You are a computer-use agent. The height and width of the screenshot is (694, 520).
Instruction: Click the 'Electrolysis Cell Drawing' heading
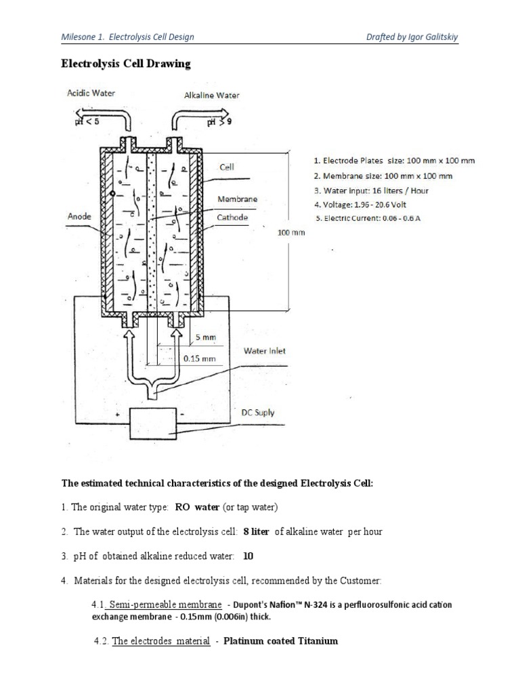click(x=126, y=64)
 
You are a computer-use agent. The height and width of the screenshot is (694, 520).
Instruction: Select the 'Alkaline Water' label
click(x=211, y=96)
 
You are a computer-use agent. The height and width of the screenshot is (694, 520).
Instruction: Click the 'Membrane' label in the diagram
click(x=236, y=200)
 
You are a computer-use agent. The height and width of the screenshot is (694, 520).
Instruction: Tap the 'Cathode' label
click(x=232, y=218)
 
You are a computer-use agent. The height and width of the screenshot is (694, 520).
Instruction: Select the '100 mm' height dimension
click(x=292, y=232)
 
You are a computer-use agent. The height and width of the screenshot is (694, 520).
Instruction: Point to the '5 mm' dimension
click(x=205, y=337)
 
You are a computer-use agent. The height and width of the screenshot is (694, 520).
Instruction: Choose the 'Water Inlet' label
click(x=265, y=351)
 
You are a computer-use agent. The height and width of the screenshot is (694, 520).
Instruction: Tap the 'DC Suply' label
click(x=258, y=411)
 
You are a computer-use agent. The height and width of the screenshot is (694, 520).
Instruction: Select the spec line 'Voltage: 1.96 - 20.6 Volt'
click(x=371, y=204)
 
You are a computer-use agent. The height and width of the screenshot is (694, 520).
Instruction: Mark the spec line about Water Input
click(x=371, y=190)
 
